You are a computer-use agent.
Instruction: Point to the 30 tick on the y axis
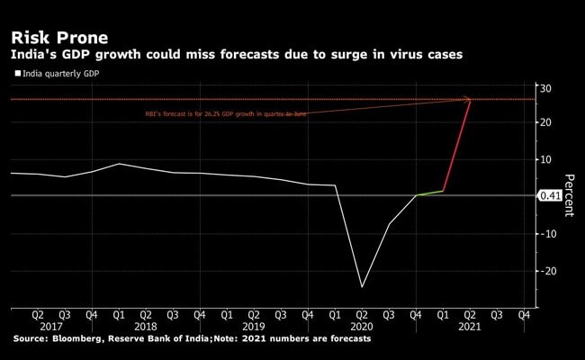pyautogui.click(x=545, y=87)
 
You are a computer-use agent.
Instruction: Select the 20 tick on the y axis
pyautogui.click(x=545, y=122)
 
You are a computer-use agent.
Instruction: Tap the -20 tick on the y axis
pyautogui.click(x=543, y=270)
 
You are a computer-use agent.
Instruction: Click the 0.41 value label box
pyautogui.click(x=549, y=195)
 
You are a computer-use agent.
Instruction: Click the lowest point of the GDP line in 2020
pyautogui.click(x=362, y=287)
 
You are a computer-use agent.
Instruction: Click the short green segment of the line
pyautogui.click(x=430, y=193)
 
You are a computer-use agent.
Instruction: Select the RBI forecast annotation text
pyautogui.click(x=225, y=114)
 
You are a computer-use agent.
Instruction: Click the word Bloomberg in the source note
pyautogui.click(x=85, y=339)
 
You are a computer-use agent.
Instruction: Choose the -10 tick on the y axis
pyautogui.click(x=543, y=233)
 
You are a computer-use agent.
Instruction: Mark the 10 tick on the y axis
pyautogui.click(x=545, y=159)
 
